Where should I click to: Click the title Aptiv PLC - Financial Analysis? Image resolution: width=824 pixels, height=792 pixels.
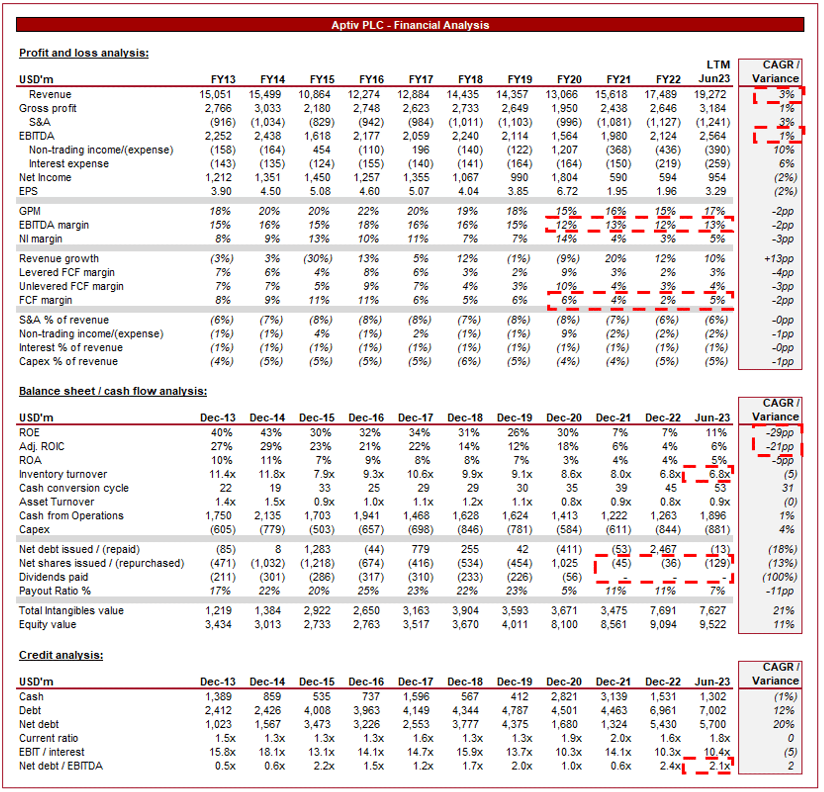[410, 25]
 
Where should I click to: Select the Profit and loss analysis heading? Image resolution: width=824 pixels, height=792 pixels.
[84, 53]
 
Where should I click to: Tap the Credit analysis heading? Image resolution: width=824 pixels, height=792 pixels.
[61, 655]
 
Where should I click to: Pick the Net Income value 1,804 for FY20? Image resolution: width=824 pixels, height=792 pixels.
[564, 178]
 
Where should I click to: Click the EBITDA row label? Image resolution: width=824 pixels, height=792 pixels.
[37, 136]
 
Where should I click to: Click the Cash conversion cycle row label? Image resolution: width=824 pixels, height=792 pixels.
[74, 488]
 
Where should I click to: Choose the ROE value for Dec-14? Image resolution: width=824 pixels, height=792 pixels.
[271, 433]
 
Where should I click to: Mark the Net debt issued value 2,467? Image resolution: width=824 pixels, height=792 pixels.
[662, 549]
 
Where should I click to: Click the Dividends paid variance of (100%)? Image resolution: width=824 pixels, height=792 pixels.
[780, 577]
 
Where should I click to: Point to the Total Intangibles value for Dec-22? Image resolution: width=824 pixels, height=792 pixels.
[663, 611]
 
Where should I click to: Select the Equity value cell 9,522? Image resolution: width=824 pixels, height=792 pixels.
[712, 625]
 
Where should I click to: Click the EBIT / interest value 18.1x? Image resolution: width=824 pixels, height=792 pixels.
[272, 752]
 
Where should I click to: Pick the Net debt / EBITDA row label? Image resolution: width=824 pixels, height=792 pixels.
[61, 766]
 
